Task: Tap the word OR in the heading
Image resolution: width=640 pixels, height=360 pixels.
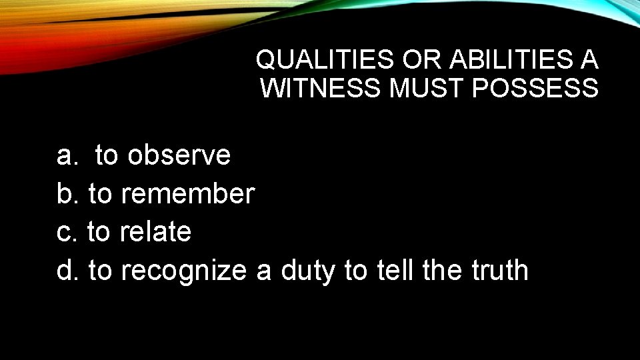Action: [423, 60]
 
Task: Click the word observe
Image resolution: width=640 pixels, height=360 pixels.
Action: [179, 155]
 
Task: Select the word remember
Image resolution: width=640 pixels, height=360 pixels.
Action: [188, 194]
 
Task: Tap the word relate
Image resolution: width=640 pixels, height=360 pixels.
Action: [155, 232]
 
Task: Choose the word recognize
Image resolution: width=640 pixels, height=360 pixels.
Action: [185, 271]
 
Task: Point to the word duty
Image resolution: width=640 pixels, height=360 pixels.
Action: [309, 271]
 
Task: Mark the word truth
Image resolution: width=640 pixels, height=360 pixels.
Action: [499, 271]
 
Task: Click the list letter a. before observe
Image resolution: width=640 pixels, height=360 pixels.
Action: [67, 155]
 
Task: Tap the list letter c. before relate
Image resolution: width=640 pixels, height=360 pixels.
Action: [67, 232]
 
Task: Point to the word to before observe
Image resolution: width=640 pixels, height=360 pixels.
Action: [107, 155]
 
